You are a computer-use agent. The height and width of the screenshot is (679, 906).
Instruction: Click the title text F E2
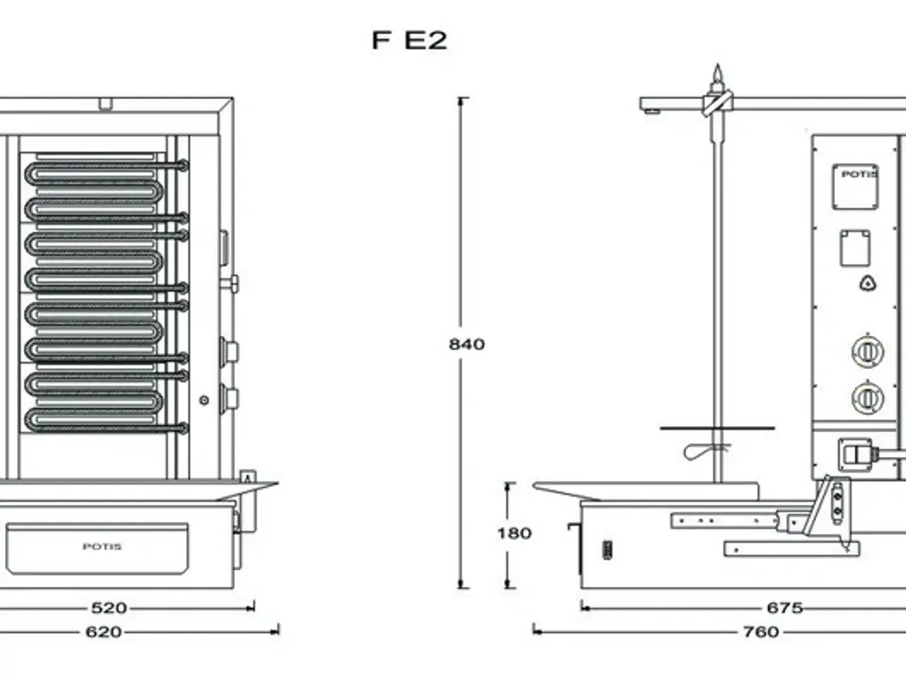[x=410, y=40]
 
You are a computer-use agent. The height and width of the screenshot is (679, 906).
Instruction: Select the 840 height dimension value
[x=467, y=344]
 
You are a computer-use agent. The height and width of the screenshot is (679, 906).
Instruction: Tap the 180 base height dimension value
[x=514, y=533]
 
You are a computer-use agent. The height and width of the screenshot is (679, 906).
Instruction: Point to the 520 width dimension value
[x=109, y=608]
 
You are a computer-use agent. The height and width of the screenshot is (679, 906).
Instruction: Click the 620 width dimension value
[x=103, y=632]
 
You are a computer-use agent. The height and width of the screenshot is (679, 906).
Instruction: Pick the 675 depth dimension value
[x=784, y=608]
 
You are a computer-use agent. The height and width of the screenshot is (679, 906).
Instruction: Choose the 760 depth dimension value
[x=761, y=632]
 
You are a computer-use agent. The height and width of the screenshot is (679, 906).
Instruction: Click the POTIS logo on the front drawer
[x=102, y=547]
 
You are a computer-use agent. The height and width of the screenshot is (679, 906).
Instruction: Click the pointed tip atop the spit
[x=718, y=73]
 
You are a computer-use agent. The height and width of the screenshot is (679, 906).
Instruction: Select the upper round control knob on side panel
[x=866, y=352]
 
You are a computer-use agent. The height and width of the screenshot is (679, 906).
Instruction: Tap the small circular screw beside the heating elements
[x=204, y=400]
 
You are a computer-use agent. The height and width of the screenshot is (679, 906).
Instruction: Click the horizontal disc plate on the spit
[x=716, y=429]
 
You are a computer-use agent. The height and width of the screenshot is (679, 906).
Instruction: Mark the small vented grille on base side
[x=607, y=550]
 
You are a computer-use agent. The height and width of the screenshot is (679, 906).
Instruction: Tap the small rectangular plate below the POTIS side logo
[x=855, y=248]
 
